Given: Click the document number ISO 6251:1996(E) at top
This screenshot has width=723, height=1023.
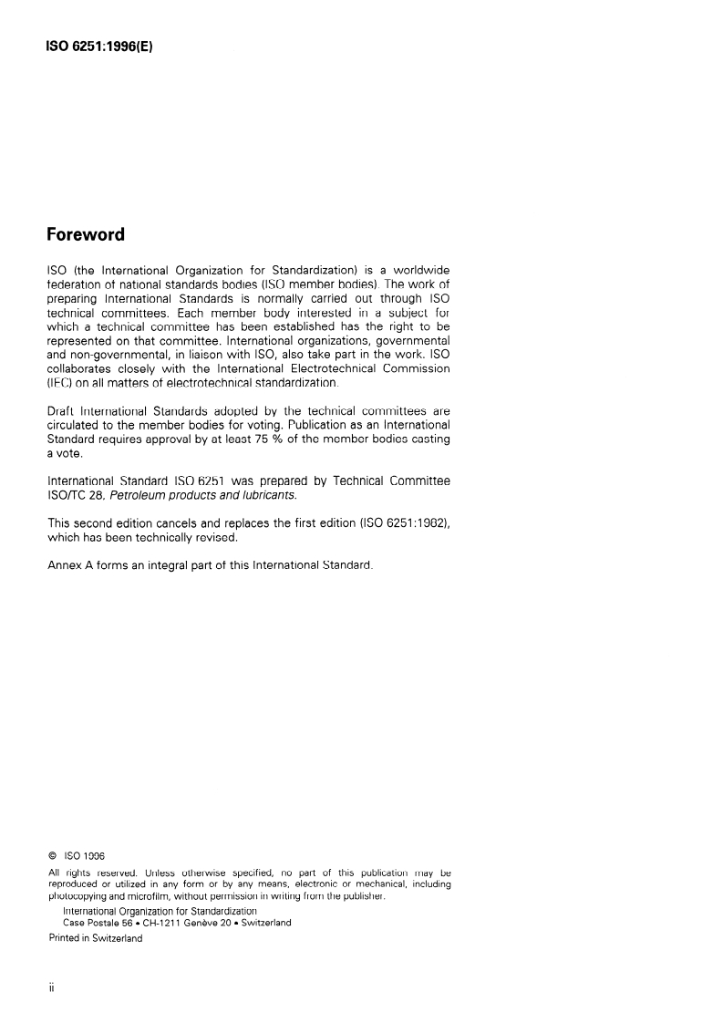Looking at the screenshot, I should [98, 43].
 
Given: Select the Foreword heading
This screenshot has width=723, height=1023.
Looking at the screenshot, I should [86, 234].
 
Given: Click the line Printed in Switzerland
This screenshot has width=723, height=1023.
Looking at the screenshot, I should [95, 938].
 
